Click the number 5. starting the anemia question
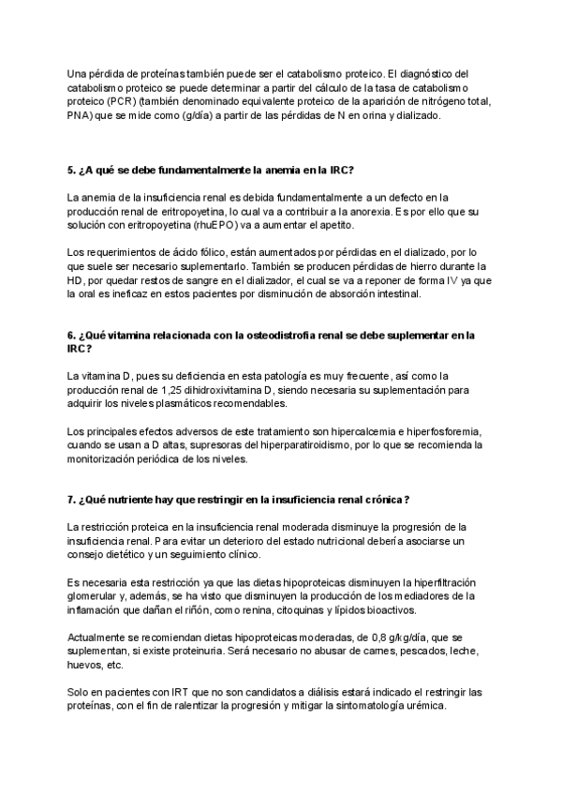[72, 170]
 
